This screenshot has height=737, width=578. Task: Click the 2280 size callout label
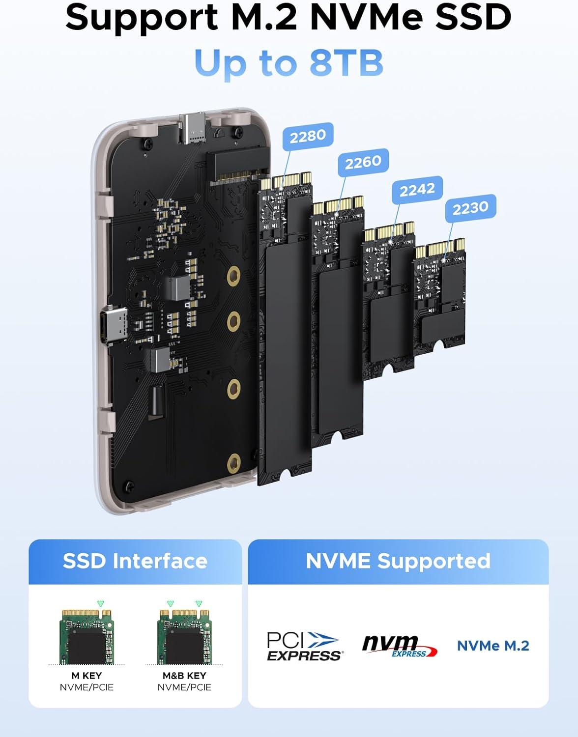coord(308,136)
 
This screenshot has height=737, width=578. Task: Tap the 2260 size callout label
coord(363,162)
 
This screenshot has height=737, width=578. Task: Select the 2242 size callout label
coord(417,190)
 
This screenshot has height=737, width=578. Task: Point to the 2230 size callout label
coord(470,208)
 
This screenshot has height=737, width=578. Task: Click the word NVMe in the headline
coord(366,17)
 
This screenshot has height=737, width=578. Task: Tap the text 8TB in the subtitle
coord(347,63)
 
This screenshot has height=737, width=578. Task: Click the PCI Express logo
coord(304,646)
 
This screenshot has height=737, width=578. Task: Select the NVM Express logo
coord(400,646)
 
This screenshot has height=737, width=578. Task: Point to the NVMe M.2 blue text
coord(493,646)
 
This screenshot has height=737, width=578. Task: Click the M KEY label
coord(87,676)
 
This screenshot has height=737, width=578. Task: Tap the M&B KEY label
coord(184,676)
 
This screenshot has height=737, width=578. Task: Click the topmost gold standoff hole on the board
coord(234,276)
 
